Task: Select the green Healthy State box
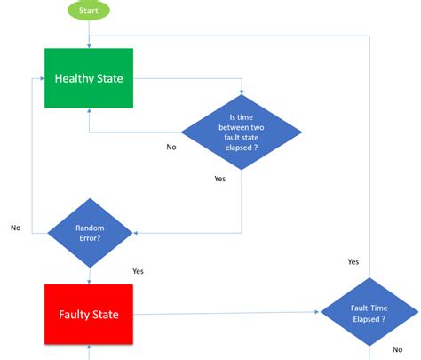coord(89,79)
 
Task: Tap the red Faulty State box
coord(89,314)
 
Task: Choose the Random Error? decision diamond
coord(90,233)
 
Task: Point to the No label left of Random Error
coord(15,228)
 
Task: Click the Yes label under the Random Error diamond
coord(138,271)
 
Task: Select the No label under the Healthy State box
coord(171,147)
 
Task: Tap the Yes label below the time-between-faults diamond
coord(219,179)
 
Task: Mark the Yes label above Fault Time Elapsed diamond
coord(353,261)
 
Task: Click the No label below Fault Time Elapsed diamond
coord(396,350)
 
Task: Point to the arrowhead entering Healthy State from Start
coord(89,45)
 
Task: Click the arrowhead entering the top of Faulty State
coord(89,281)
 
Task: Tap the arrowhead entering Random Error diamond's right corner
coord(136,233)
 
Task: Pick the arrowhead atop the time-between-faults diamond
coord(241,92)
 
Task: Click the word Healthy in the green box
coord(74,79)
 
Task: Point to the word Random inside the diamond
coord(90,228)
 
